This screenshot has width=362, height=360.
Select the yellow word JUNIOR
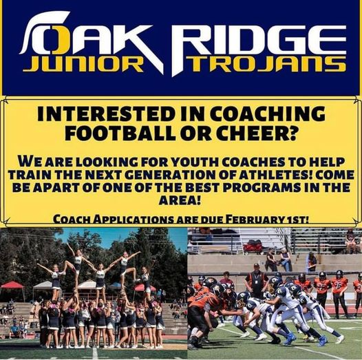coord(83,65)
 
